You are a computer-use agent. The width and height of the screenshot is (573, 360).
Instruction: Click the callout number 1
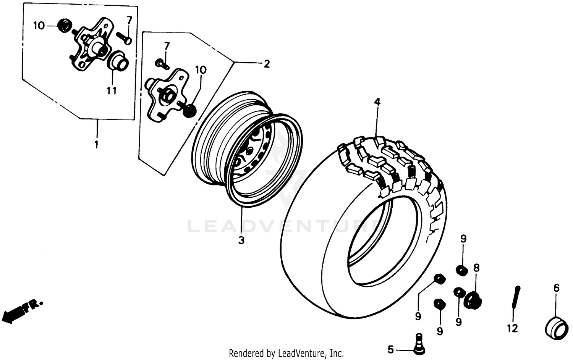point(96,145)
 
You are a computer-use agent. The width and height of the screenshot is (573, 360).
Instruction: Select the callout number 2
point(266,64)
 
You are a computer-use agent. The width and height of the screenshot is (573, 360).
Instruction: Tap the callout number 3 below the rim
point(241,241)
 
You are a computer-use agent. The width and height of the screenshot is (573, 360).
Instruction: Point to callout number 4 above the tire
point(377,102)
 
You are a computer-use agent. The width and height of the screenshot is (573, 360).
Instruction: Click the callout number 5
point(390,349)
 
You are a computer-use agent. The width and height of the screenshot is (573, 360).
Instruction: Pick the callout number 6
point(556,288)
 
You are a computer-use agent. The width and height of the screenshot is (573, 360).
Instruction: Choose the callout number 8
point(476,268)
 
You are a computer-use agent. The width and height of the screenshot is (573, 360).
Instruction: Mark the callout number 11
point(112,91)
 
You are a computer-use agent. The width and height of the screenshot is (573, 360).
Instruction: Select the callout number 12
point(512,328)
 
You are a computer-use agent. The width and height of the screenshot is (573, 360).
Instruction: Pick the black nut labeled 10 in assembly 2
point(190,110)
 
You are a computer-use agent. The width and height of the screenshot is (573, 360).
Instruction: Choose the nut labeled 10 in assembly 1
point(63,26)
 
